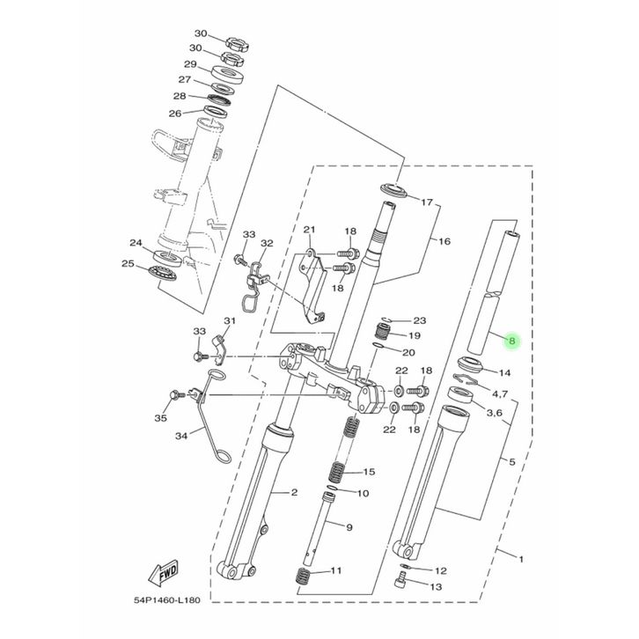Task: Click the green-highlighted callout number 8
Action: [x=512, y=342]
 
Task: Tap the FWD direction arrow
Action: [x=164, y=572]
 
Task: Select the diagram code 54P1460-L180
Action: [x=167, y=600]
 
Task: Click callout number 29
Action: [x=190, y=64]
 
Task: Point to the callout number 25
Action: [x=128, y=264]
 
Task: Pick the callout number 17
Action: [x=427, y=202]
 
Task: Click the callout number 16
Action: [x=444, y=241]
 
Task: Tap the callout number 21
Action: [x=309, y=230]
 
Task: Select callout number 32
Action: [x=267, y=243]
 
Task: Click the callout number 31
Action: [x=230, y=320]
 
